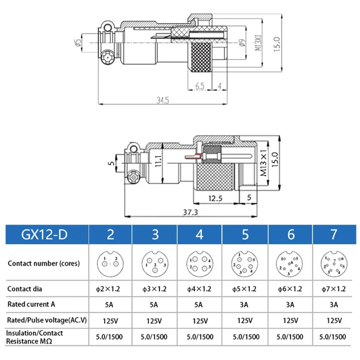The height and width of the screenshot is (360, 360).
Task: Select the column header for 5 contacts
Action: pyautogui.click(x=245, y=234)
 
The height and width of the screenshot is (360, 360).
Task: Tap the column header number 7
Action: pyautogui.click(x=333, y=234)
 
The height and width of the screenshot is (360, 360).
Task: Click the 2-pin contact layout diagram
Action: pyautogui.click(x=110, y=263)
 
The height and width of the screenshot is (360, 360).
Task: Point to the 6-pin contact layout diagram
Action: pyautogui.click(x=289, y=263)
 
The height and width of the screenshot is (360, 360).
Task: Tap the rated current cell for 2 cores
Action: pyautogui.click(x=110, y=305)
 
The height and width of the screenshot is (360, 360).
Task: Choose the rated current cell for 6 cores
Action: pyautogui.click(x=289, y=305)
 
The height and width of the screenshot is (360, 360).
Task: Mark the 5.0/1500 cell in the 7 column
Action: pyautogui.click(x=333, y=337)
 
